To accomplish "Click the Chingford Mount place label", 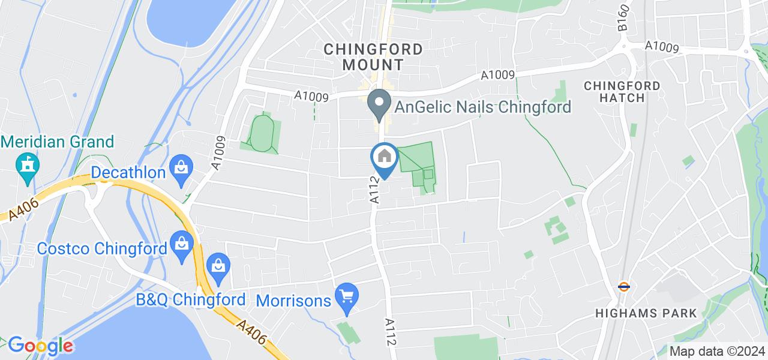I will point(373,56).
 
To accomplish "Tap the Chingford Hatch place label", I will point(622,91).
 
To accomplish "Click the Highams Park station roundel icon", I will point(624,287).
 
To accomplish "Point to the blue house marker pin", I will point(385,159).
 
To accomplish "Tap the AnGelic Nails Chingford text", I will point(482,107).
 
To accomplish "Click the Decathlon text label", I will point(128,173).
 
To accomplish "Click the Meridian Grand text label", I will point(58,142).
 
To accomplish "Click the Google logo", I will point(40,345).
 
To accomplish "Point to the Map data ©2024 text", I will point(718,352).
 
